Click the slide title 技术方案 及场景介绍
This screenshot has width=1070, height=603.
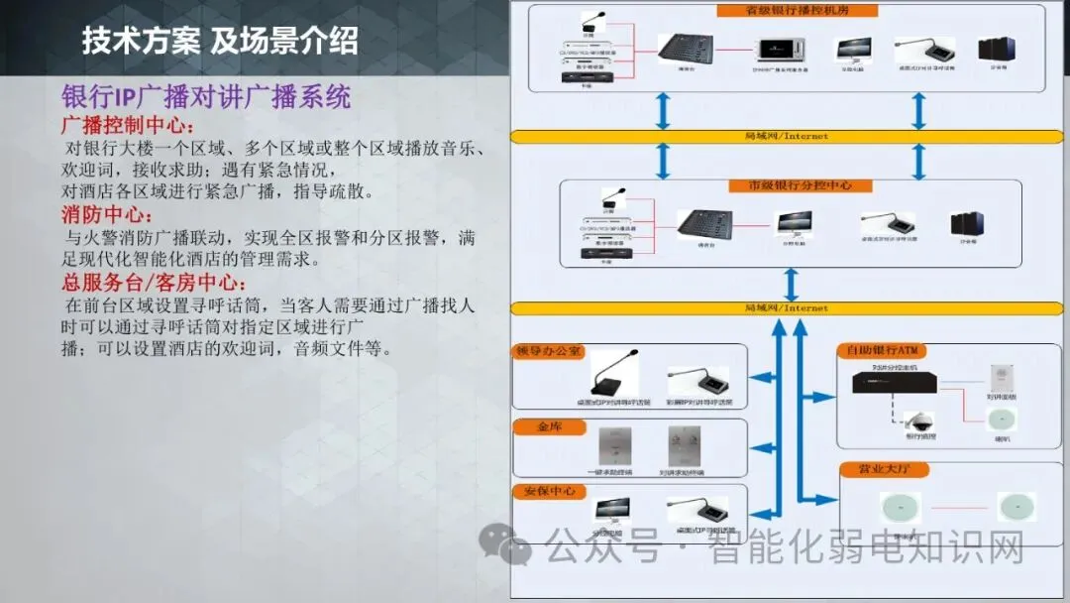pos(219,43)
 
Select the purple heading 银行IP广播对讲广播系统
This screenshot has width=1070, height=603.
pos(206,97)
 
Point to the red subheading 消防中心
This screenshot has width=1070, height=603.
pos(107,215)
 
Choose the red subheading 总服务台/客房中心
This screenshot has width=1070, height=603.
pos(154,283)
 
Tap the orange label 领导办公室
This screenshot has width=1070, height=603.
pos(549,352)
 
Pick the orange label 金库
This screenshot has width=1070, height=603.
pos(549,426)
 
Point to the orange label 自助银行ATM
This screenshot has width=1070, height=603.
pos(879,350)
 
